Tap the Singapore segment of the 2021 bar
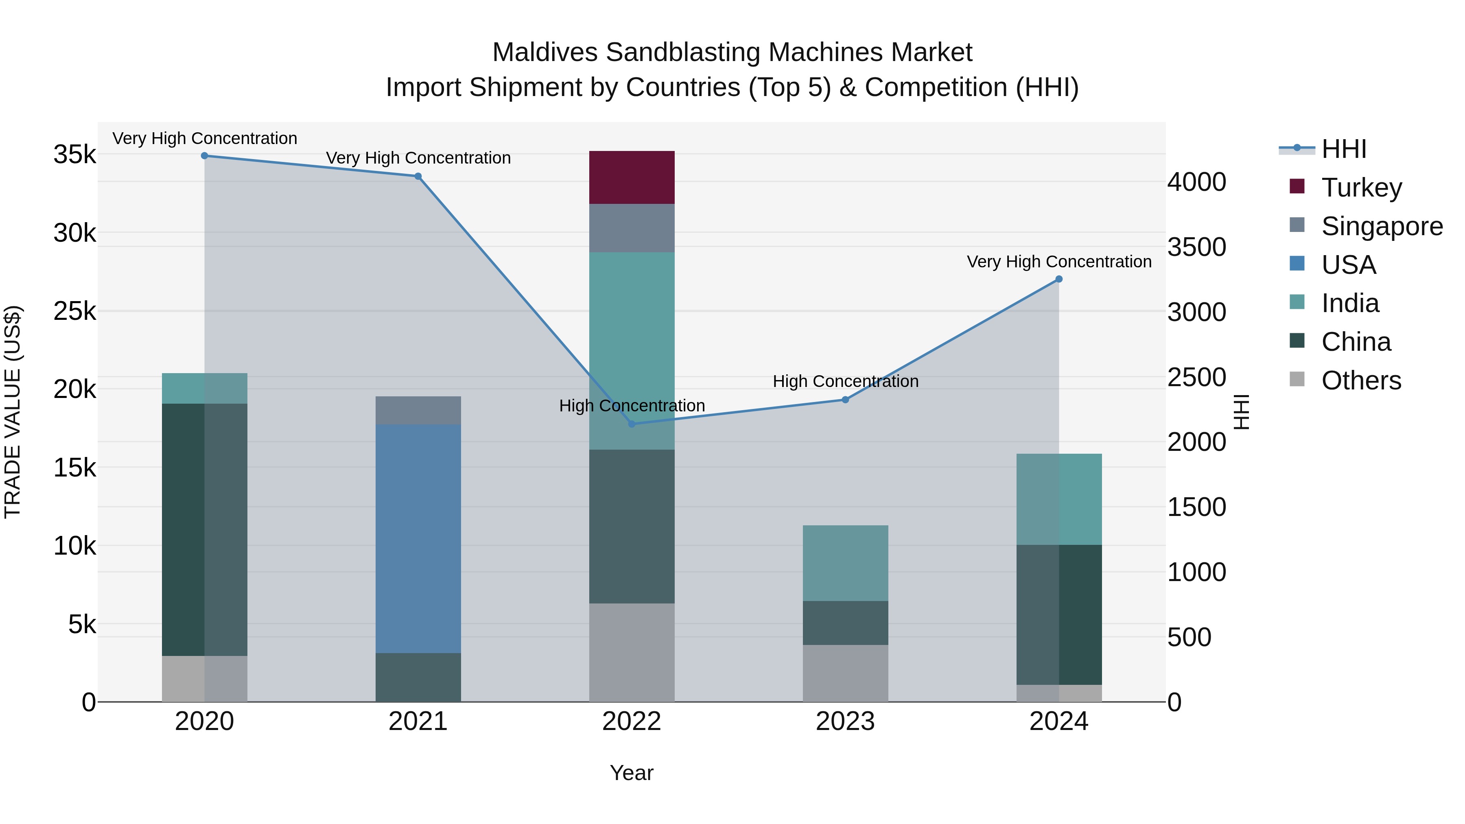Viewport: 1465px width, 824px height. pos(418,410)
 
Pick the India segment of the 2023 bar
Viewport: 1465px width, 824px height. pos(845,563)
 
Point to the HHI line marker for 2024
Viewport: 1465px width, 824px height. pos(1058,279)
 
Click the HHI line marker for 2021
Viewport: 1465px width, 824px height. pos(418,176)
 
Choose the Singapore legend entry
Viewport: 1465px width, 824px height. pos(1382,226)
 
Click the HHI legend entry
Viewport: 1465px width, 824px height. pos(1343,149)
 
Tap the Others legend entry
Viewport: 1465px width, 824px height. pos(1361,380)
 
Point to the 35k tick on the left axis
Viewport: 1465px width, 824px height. pos(74,155)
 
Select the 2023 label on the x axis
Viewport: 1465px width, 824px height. pos(845,721)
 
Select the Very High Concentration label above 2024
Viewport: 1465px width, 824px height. pos(1058,262)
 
